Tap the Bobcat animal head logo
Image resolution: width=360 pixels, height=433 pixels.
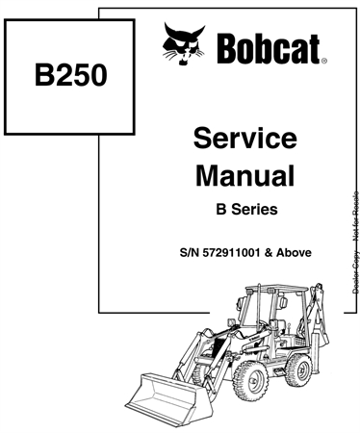pos(185,46)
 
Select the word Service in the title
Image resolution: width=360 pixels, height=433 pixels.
pos(244,139)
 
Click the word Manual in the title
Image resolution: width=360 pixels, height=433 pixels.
pos(244,175)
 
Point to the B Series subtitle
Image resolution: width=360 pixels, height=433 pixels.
pos(244,210)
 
